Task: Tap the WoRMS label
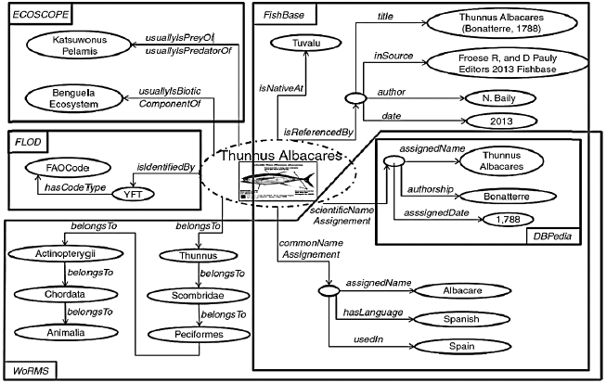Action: click(26, 372)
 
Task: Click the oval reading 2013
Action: click(503, 121)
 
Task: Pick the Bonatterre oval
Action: click(503, 197)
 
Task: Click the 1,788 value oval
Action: click(503, 219)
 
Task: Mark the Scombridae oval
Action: click(196, 294)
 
